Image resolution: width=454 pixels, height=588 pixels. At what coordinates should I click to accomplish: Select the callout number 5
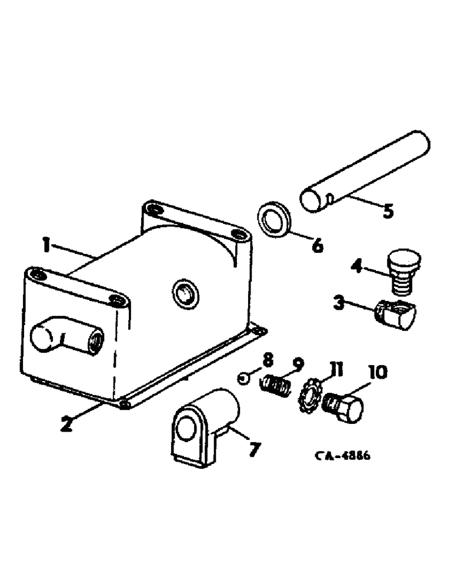coord(387,211)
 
